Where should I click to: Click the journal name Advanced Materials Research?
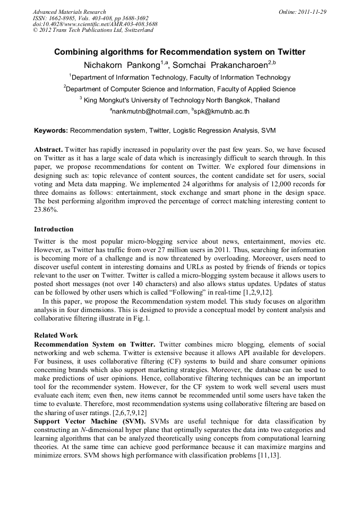pyautogui.click(x=69, y=12)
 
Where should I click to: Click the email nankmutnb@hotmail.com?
pyautogui.click(x=150, y=111)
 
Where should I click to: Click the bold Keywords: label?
pyautogui.click(x=51, y=130)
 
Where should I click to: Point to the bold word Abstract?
pyautogui.click(x=48, y=150)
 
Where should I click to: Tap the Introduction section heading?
pyautogui.click(x=54, y=229)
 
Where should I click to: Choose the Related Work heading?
pyautogui.click(x=56, y=335)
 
